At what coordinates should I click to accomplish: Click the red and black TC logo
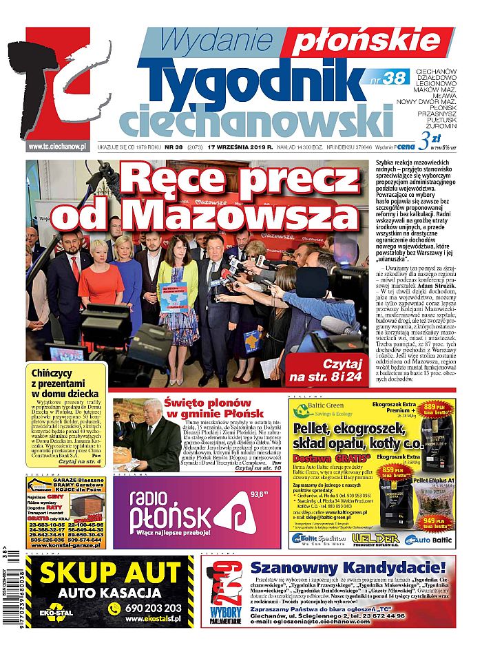(59, 86)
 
